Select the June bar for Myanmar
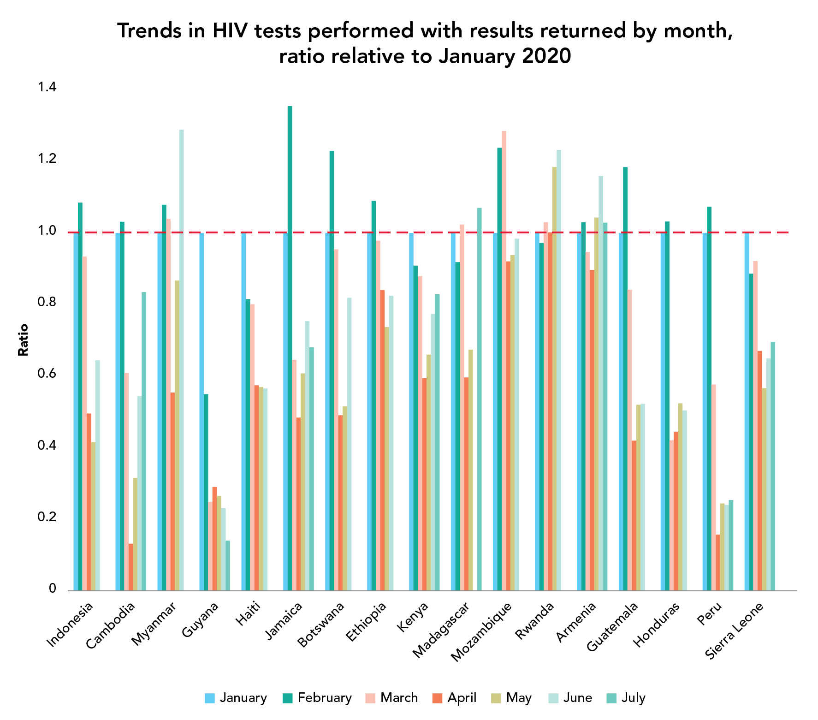[x=181, y=360]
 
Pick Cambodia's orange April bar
[x=130, y=567]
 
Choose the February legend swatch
[x=287, y=698]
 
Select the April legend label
[x=462, y=698]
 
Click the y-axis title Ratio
[x=23, y=340]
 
